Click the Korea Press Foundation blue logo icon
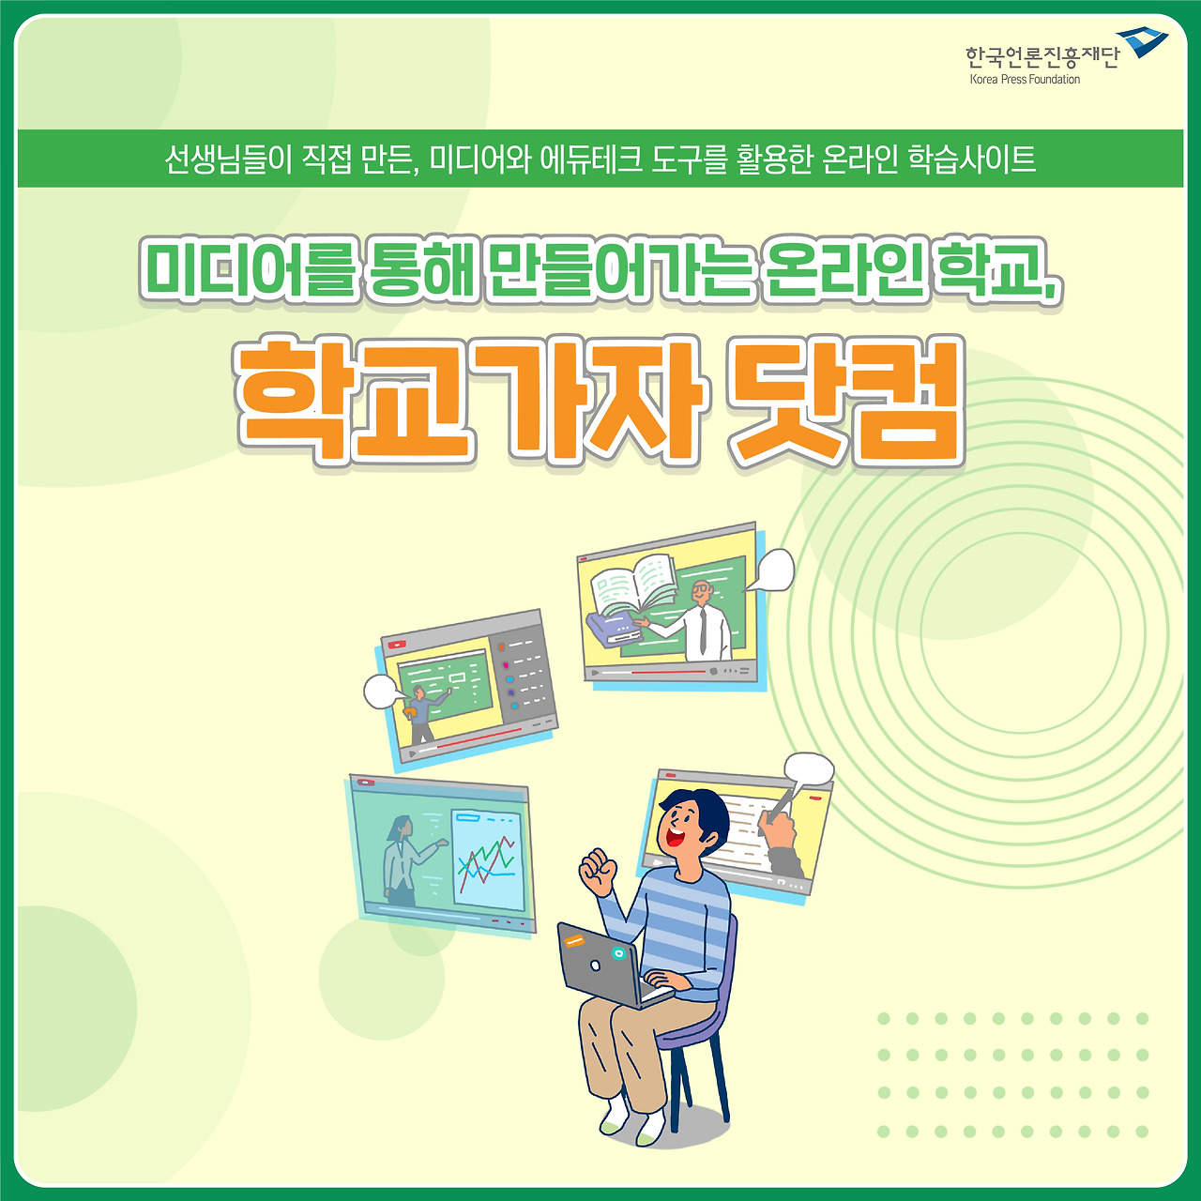tap(1142, 42)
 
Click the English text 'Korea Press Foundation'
tap(1025, 80)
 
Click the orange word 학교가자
tap(469, 401)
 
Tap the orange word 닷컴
tap(846, 401)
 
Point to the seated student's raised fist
tap(597, 871)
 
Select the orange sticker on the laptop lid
tap(573, 939)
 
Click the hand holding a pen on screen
tap(778, 830)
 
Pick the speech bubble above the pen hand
tap(809, 769)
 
